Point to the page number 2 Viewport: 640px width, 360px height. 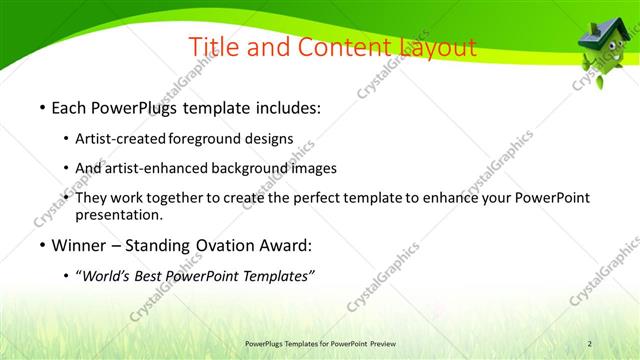point(590,344)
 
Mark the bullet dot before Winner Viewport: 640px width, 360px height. point(41,245)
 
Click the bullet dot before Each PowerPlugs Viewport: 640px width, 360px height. point(41,106)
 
